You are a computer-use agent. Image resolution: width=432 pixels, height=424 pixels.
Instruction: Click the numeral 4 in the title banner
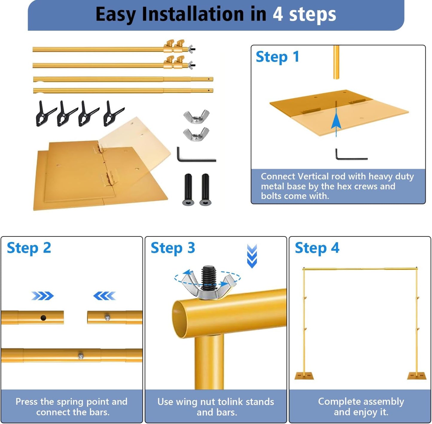[x=278, y=14]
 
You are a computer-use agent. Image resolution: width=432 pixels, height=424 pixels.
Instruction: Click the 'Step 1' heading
[x=277, y=57]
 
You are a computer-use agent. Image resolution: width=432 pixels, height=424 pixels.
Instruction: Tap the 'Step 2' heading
[x=29, y=248]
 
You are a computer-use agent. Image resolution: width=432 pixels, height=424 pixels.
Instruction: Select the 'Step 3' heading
[x=173, y=248]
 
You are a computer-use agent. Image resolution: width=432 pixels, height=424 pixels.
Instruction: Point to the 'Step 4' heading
[x=317, y=248]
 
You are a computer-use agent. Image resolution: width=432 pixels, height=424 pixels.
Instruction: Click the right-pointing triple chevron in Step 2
[x=42, y=296]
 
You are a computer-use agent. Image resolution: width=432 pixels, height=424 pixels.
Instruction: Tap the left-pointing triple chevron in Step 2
[x=104, y=296]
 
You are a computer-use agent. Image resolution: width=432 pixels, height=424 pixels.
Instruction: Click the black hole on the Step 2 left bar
[x=43, y=318]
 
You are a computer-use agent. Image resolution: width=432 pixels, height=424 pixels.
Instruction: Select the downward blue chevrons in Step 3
[x=252, y=256]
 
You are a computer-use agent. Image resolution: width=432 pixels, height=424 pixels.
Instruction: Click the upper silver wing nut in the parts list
[x=196, y=116]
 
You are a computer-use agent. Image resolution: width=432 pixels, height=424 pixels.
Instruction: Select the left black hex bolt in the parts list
[x=188, y=189]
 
